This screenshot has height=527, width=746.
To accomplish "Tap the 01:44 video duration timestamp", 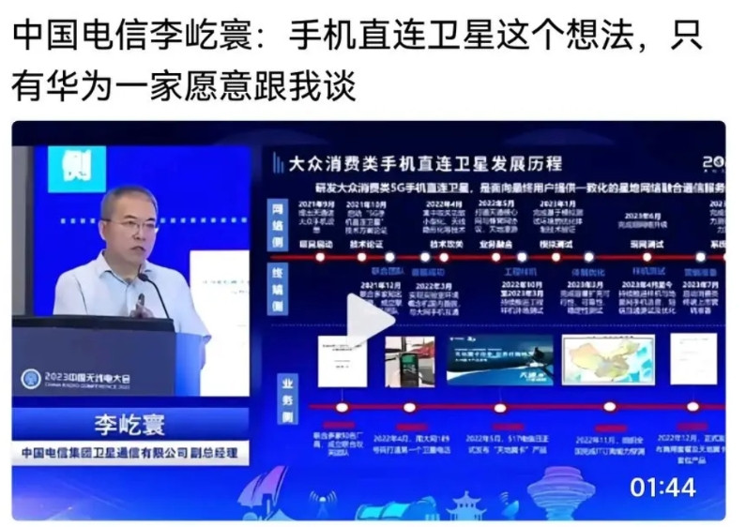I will click(x=662, y=487).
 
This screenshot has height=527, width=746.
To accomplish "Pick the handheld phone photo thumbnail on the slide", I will click(x=409, y=360).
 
